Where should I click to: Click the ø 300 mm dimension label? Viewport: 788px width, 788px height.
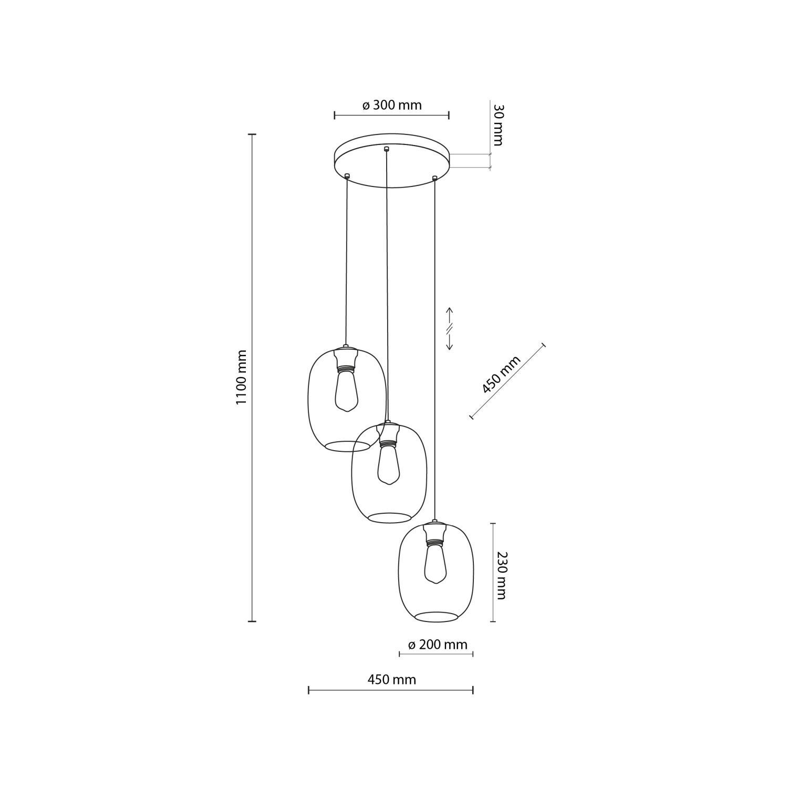tap(392, 105)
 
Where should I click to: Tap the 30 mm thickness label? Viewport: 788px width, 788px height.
tap(498, 125)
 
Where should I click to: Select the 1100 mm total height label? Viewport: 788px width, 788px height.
tap(241, 377)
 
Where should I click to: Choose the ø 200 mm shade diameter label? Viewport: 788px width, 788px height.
tap(437, 645)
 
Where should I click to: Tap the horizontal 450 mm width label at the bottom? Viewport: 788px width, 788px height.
tap(391, 679)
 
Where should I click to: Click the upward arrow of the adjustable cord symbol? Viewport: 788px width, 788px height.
tap(450, 314)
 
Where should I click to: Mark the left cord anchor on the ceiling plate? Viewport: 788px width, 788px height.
tap(347, 176)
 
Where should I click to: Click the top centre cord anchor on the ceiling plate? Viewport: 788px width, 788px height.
tap(387, 149)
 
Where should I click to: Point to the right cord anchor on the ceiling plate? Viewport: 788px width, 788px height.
tap(434, 179)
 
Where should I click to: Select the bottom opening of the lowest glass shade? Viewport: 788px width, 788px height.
tap(436, 617)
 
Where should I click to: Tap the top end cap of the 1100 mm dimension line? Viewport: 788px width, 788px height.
tap(252, 134)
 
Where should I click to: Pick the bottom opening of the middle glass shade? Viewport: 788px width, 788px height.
tap(389, 518)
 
